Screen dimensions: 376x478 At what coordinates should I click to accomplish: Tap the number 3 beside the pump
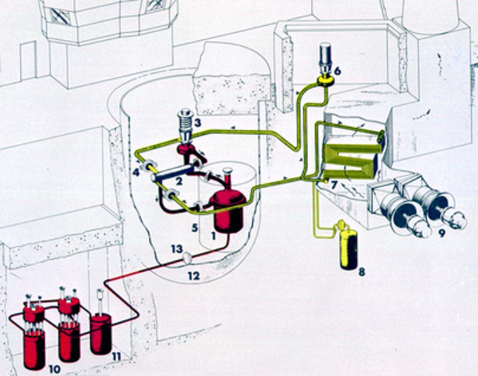[x=200, y=123]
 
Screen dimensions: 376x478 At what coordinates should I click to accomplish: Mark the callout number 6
[x=337, y=70]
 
